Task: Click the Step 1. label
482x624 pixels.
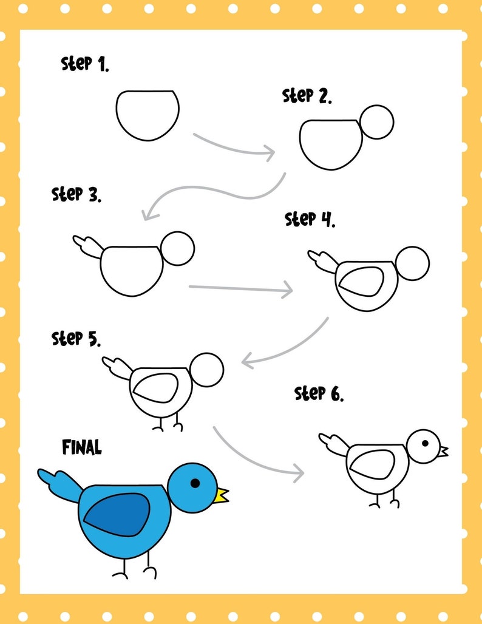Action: (x=85, y=64)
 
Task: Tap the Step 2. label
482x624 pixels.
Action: (x=307, y=96)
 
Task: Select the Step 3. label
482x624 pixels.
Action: (x=76, y=195)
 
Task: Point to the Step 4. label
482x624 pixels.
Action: (x=310, y=219)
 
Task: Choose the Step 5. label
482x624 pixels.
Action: (x=76, y=338)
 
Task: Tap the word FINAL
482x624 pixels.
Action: (x=82, y=448)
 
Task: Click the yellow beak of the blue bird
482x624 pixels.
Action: (x=222, y=495)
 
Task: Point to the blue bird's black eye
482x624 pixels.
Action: (x=195, y=483)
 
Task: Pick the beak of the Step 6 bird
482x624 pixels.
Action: (x=444, y=452)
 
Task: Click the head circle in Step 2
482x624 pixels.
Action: (x=376, y=123)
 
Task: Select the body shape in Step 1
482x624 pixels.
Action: (x=148, y=114)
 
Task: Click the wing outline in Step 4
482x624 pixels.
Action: (x=361, y=281)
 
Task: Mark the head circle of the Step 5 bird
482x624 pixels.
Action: (x=206, y=370)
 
